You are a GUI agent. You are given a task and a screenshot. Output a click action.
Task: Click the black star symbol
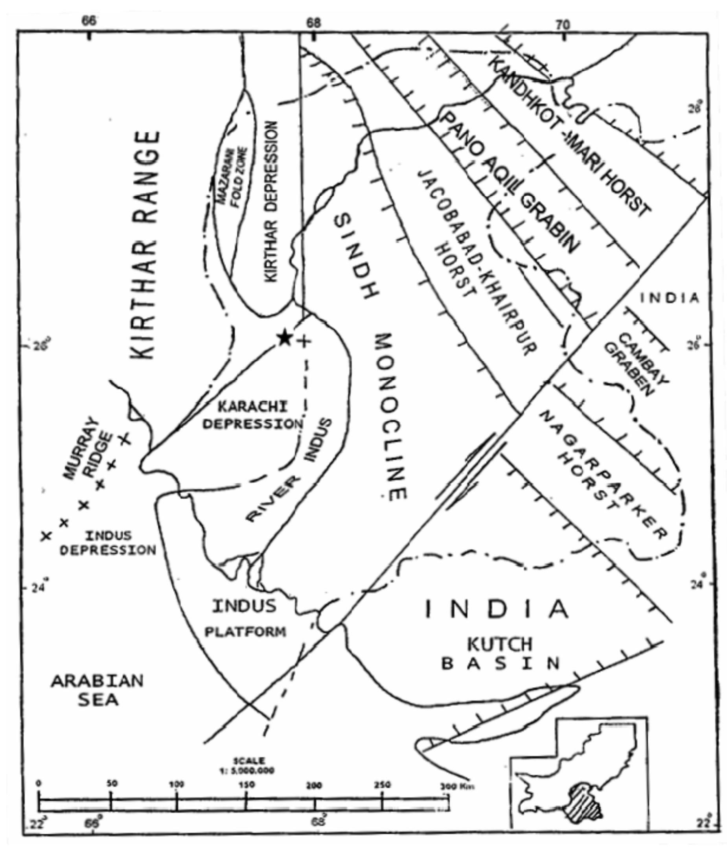[x=284, y=339]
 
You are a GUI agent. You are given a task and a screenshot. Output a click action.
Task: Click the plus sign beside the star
[x=304, y=341]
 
